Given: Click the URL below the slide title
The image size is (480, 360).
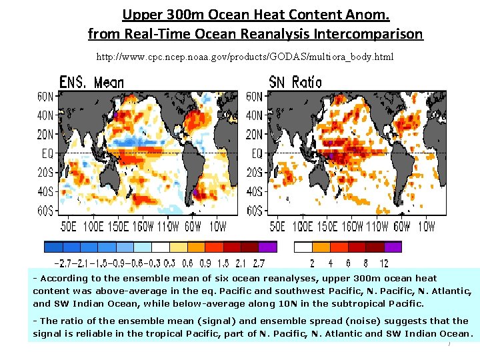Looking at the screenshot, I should [x=245, y=57].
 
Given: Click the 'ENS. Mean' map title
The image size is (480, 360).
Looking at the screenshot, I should [x=91, y=82].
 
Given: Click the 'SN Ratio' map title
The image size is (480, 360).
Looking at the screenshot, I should [x=295, y=82].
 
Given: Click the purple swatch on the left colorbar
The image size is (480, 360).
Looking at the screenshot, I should [x=267, y=246].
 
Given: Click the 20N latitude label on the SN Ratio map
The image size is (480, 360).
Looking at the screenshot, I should [x=255, y=134].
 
